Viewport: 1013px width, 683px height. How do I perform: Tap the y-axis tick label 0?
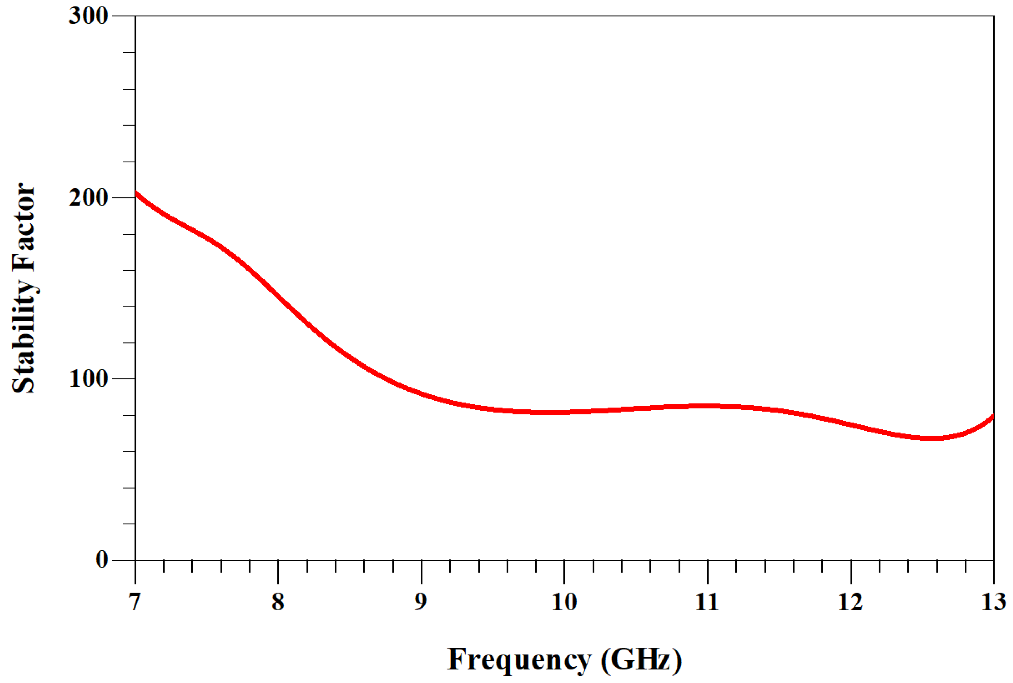point(102,560)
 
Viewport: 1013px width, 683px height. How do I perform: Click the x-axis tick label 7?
point(135,602)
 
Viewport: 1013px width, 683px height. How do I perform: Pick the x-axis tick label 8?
point(278,602)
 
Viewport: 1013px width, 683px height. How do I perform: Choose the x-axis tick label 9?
point(421,602)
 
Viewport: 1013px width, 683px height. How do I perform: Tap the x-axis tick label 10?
point(564,602)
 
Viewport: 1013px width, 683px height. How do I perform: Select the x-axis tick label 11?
point(707,602)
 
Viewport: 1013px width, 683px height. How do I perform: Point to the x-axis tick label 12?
point(851,602)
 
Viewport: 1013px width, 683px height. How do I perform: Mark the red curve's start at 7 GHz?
point(136,193)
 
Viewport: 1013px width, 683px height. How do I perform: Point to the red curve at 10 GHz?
point(564,412)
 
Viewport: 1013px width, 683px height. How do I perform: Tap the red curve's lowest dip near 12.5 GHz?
point(930,438)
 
